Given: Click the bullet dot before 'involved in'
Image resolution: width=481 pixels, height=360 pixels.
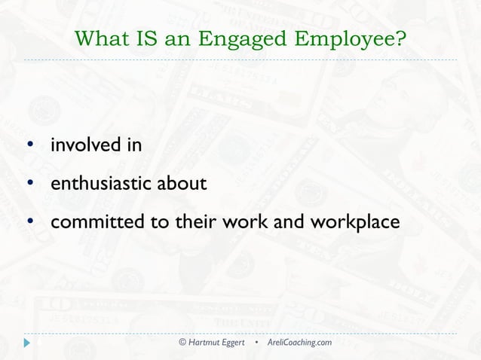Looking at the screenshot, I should point(30,145).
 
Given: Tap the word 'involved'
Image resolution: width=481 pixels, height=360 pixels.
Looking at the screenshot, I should point(82,145).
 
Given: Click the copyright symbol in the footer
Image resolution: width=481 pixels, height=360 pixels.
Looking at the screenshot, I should point(182,343).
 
